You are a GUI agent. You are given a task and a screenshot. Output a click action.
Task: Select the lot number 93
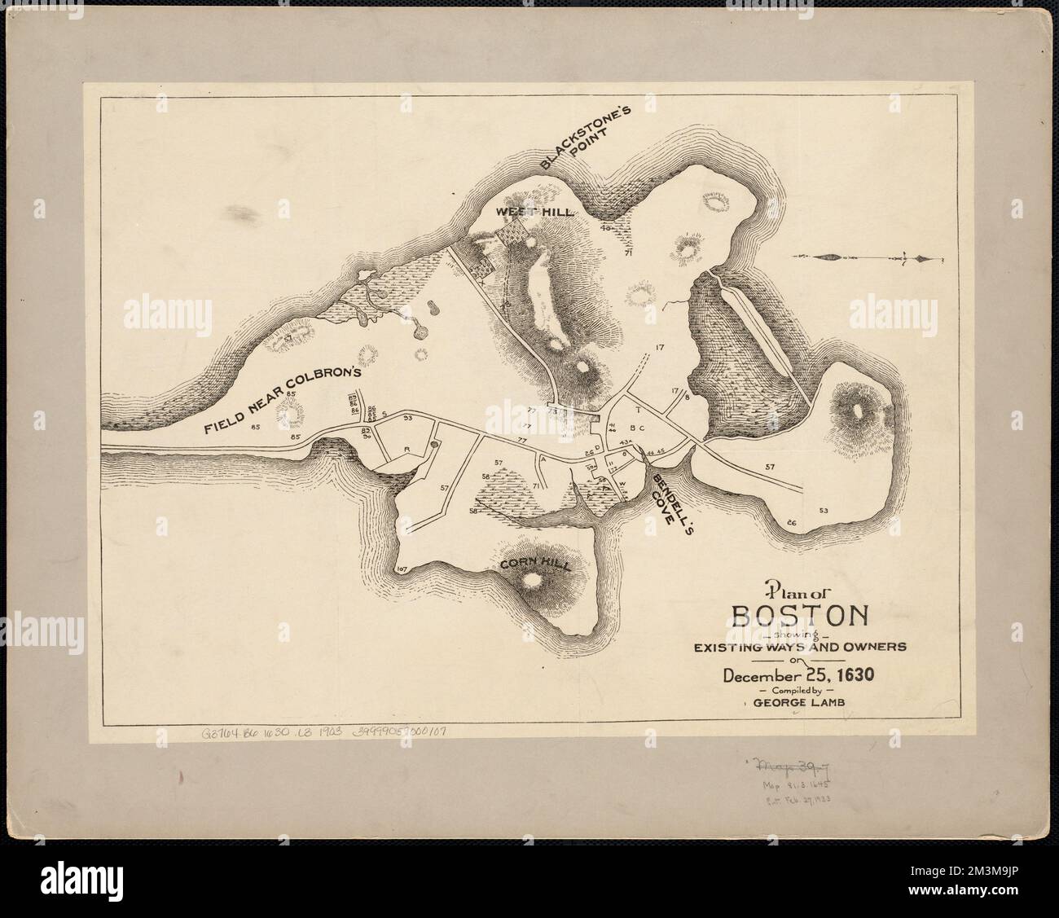tap(407, 418)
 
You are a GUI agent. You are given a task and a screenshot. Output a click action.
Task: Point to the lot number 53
tap(824, 511)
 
